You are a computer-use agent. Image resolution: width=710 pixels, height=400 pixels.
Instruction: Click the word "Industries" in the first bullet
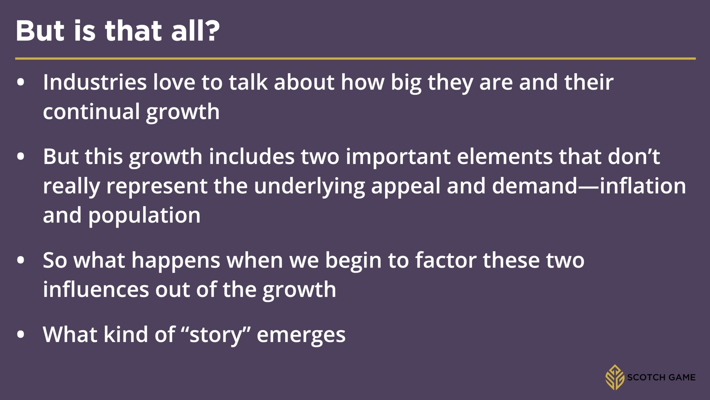(x=95, y=82)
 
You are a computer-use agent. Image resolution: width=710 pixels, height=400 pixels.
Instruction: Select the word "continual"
(x=91, y=112)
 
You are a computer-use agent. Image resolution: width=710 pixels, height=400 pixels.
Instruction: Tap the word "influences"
(x=96, y=290)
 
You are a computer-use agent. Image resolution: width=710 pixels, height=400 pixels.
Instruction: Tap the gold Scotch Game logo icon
(x=614, y=377)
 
